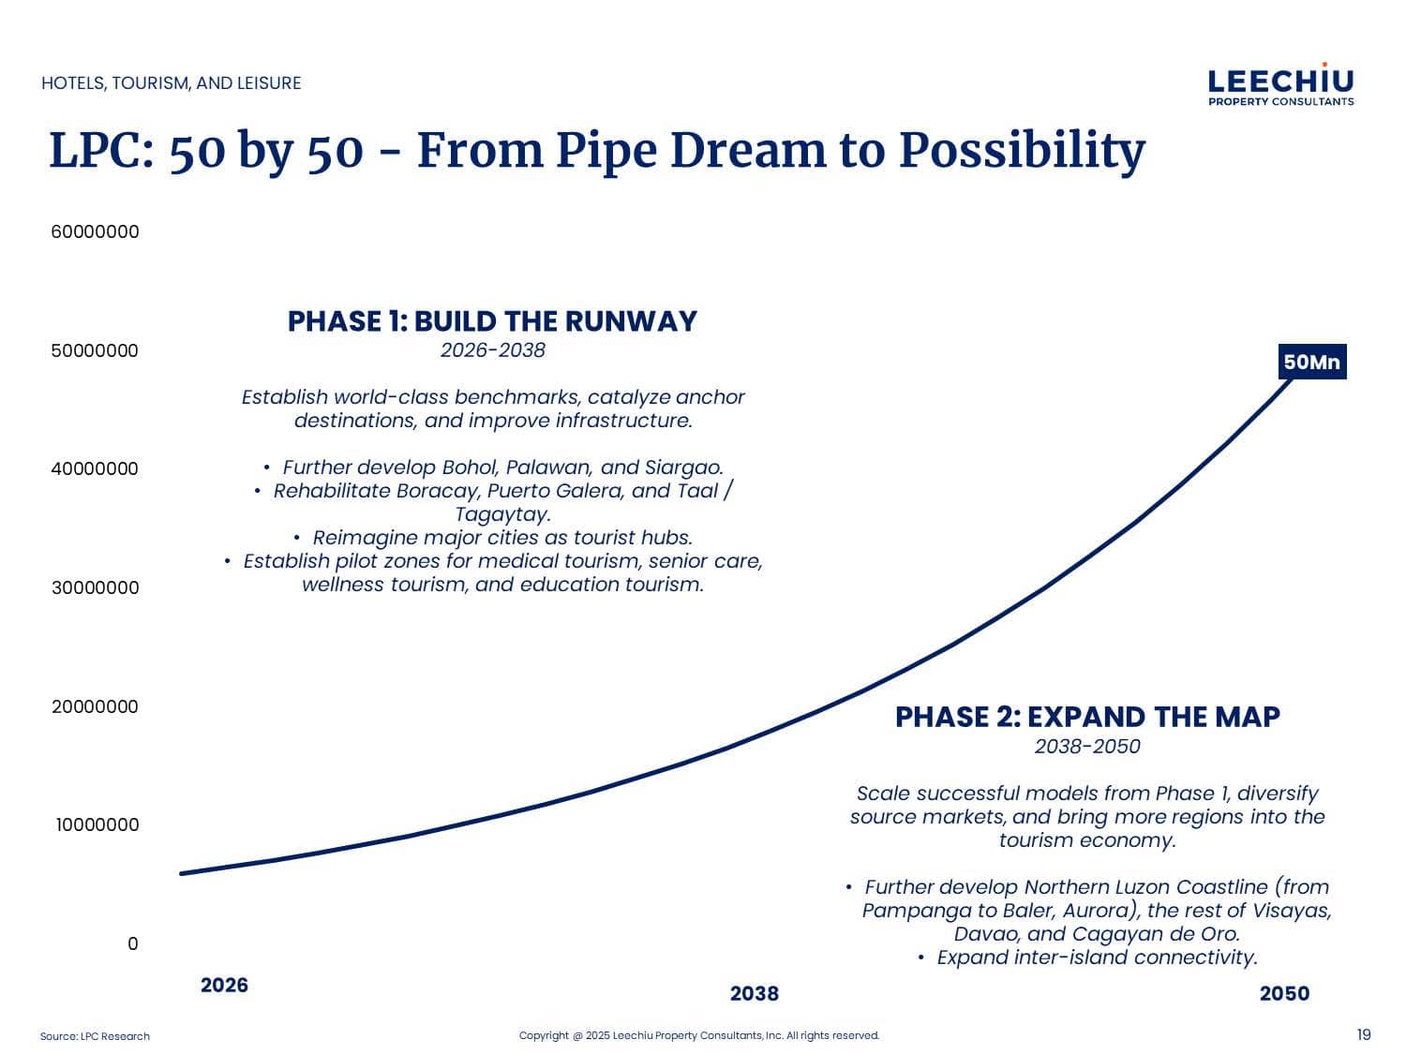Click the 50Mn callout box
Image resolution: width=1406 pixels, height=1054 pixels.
1312,362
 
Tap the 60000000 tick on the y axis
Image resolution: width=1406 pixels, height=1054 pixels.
95,231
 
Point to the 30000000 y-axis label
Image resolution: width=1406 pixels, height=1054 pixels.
95,587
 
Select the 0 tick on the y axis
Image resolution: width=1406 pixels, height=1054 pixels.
132,943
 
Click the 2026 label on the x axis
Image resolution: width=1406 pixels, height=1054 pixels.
224,985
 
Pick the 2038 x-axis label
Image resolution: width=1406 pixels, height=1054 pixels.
755,993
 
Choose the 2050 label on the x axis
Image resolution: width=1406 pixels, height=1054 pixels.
1284,993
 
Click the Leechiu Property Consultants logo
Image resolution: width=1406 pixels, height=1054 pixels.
1280,84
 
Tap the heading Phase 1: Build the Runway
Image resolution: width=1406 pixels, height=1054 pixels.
492,321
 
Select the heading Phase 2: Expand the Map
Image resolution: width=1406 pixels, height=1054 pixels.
1087,717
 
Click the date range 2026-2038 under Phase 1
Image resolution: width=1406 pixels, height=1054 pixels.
493,350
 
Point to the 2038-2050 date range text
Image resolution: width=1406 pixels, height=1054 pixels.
1087,746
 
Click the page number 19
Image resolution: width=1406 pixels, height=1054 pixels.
1364,1035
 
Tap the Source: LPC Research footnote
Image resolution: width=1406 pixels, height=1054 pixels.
95,1036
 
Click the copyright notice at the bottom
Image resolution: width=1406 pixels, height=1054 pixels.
699,1035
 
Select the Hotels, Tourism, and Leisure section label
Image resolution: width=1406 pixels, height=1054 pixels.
171,83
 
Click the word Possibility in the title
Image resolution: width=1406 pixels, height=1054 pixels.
1022,152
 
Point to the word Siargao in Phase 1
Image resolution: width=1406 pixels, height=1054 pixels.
684,468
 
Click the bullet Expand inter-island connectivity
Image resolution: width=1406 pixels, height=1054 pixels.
1097,958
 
